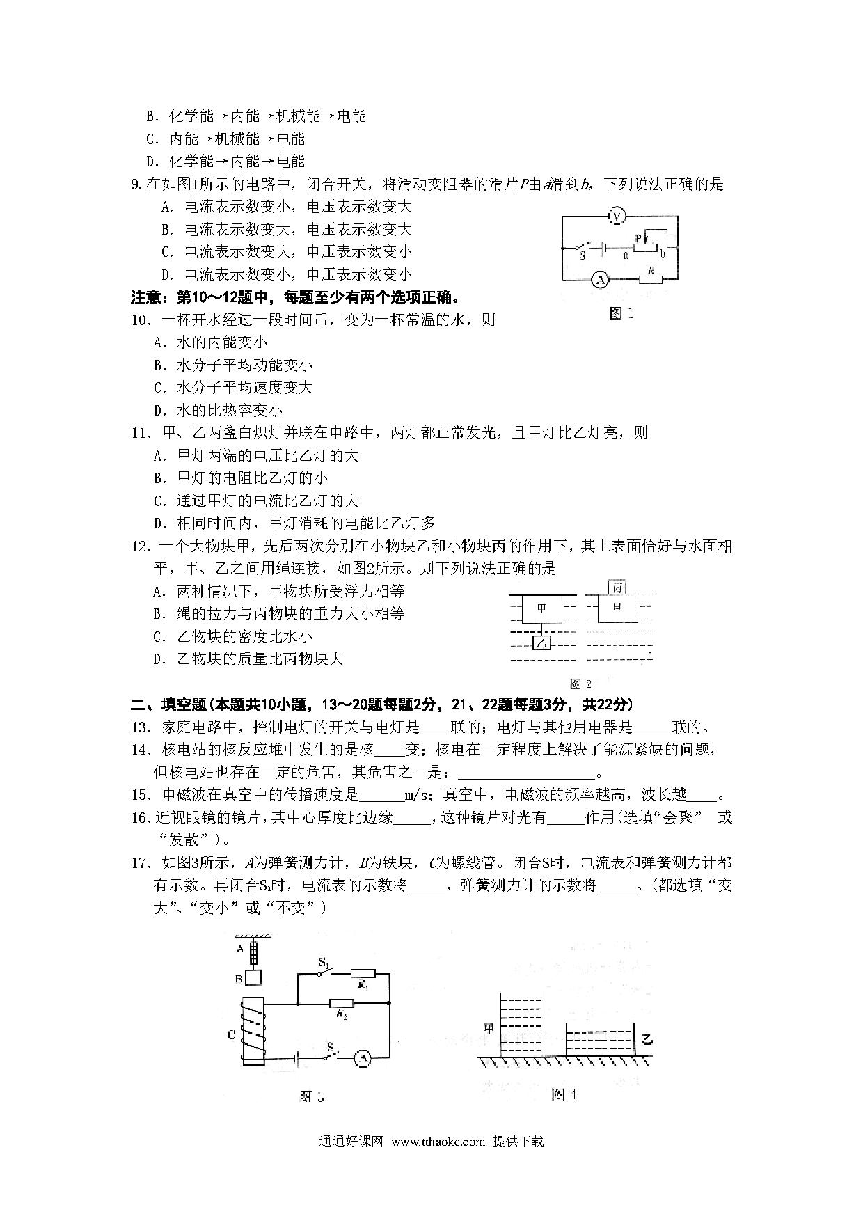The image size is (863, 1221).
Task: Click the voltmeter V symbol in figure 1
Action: pyautogui.click(x=615, y=217)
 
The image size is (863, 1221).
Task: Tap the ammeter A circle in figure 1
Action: pyautogui.click(x=599, y=280)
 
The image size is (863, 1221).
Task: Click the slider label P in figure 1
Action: pyautogui.click(x=638, y=238)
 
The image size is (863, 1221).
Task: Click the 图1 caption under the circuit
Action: pyautogui.click(x=621, y=313)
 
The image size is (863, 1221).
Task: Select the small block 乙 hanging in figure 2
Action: pyautogui.click(x=541, y=643)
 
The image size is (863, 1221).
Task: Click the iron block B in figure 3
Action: pyautogui.click(x=253, y=977)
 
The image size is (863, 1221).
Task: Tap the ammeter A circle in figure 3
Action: pyautogui.click(x=362, y=1078)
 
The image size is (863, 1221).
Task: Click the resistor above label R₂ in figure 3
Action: pyautogui.click(x=341, y=1003)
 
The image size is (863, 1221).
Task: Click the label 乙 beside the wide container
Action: pyautogui.click(x=648, y=1040)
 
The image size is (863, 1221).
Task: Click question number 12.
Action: pyautogui.click(x=141, y=546)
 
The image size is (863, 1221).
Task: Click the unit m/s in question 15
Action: pyautogui.click(x=419, y=795)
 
